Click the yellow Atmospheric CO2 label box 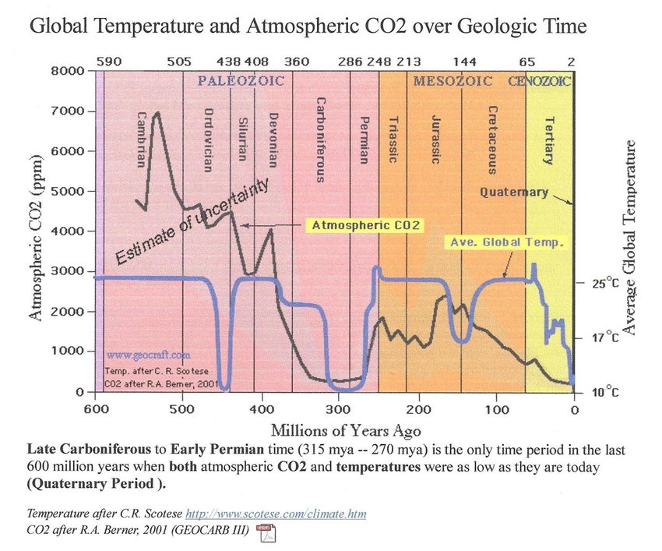coord(365,225)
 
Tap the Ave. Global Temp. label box coord(507,242)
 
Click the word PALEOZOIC coord(240,80)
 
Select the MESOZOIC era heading coord(452,80)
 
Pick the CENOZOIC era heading coord(540,80)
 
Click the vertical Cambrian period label coord(141,140)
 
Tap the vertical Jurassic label coord(436,140)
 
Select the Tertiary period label coord(548,141)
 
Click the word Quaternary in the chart coord(514,192)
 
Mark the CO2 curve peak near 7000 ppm coord(157,114)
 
